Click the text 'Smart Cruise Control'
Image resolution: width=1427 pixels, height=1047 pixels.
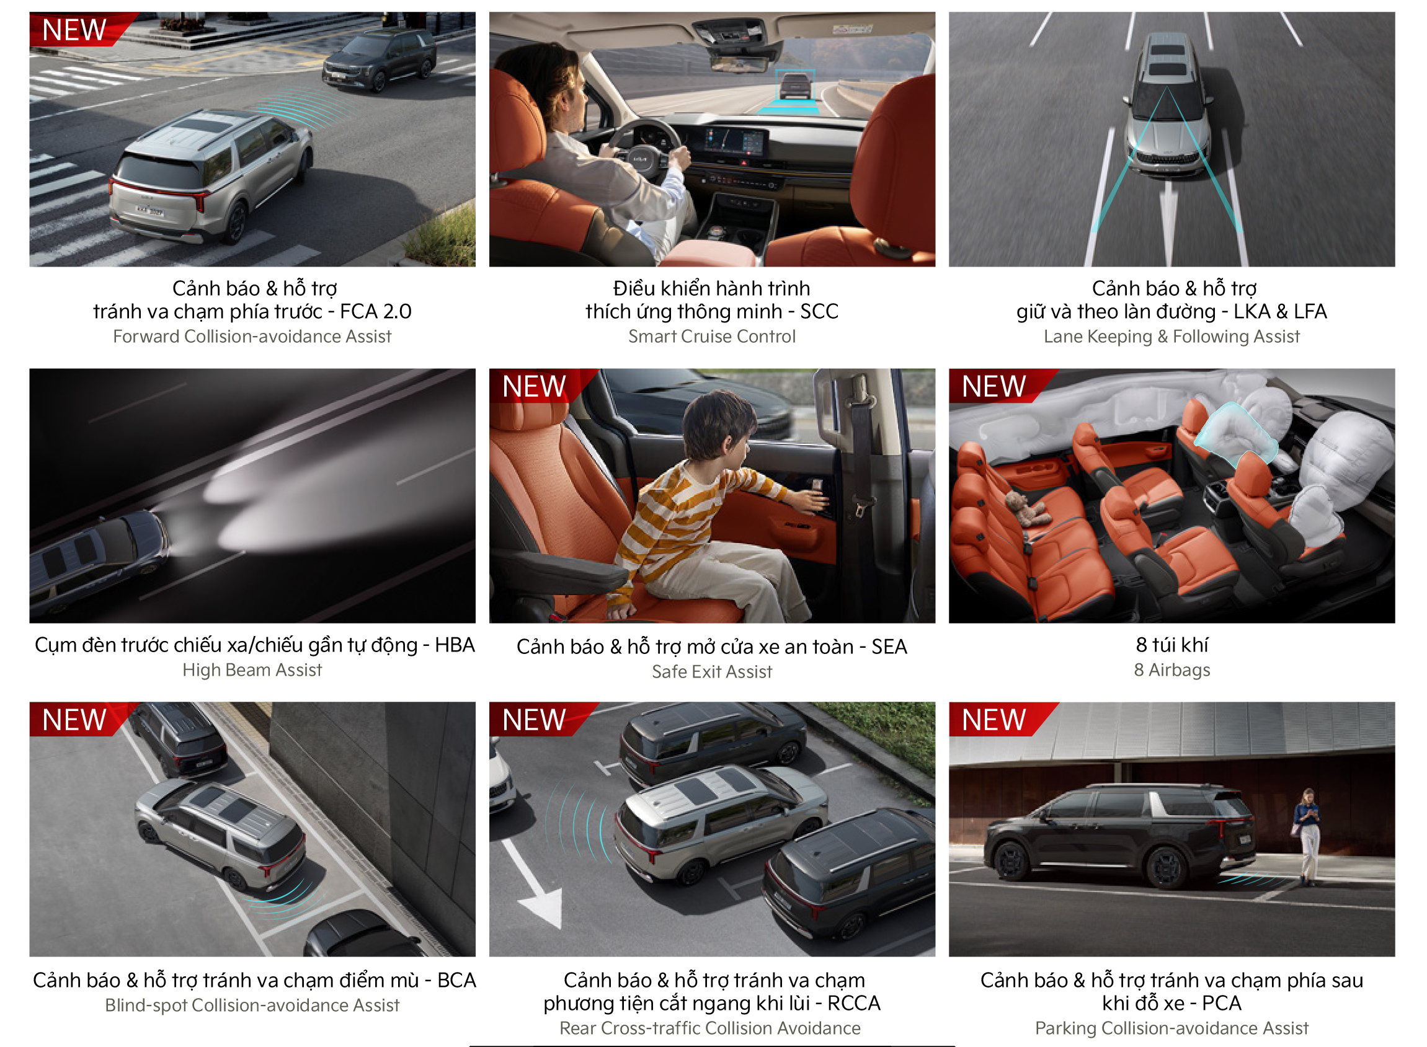(x=712, y=337)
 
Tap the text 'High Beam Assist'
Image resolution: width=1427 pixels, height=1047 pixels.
(x=252, y=670)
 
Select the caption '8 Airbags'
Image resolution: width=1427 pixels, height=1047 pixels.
(x=1172, y=670)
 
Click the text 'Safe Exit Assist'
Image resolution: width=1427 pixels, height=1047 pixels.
(x=712, y=672)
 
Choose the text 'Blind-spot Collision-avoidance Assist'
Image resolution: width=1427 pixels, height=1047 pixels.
(x=252, y=1005)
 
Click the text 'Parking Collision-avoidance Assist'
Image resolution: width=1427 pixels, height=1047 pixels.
(x=1172, y=1028)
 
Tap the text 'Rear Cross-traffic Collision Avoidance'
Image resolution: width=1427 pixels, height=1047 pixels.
(x=710, y=1028)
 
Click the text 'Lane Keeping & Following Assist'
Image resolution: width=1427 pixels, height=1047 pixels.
(x=1172, y=337)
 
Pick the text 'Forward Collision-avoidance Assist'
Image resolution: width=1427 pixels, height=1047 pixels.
(x=252, y=337)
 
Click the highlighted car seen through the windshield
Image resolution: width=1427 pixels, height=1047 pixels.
(x=795, y=86)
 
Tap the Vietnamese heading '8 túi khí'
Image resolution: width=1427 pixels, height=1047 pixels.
(x=1172, y=645)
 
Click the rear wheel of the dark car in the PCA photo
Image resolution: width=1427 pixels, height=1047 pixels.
(x=1167, y=868)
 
